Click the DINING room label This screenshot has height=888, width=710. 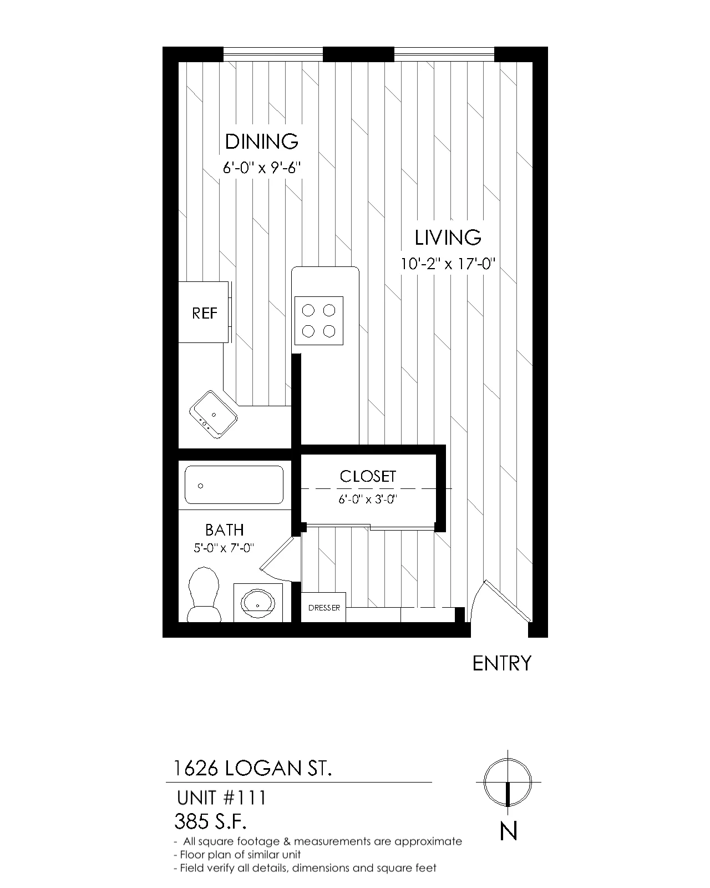[262, 142]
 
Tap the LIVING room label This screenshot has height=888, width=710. [448, 238]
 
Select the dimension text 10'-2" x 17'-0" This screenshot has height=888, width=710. [448, 263]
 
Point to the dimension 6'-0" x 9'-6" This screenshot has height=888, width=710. [262, 168]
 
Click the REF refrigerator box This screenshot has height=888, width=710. [204, 312]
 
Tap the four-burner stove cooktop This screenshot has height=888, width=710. [318, 321]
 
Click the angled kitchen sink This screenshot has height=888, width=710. [214, 414]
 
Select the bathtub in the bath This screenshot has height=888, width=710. [234, 485]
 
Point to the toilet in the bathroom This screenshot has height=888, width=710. [204, 594]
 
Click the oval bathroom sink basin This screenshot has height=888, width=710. [258, 604]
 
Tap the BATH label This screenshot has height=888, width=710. [225, 530]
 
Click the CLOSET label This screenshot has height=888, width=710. [368, 477]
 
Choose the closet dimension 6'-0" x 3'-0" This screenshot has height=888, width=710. [368, 500]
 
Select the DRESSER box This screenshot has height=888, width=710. [323, 607]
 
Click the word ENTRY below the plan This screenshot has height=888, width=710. [501, 664]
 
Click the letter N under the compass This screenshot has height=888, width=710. [508, 831]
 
